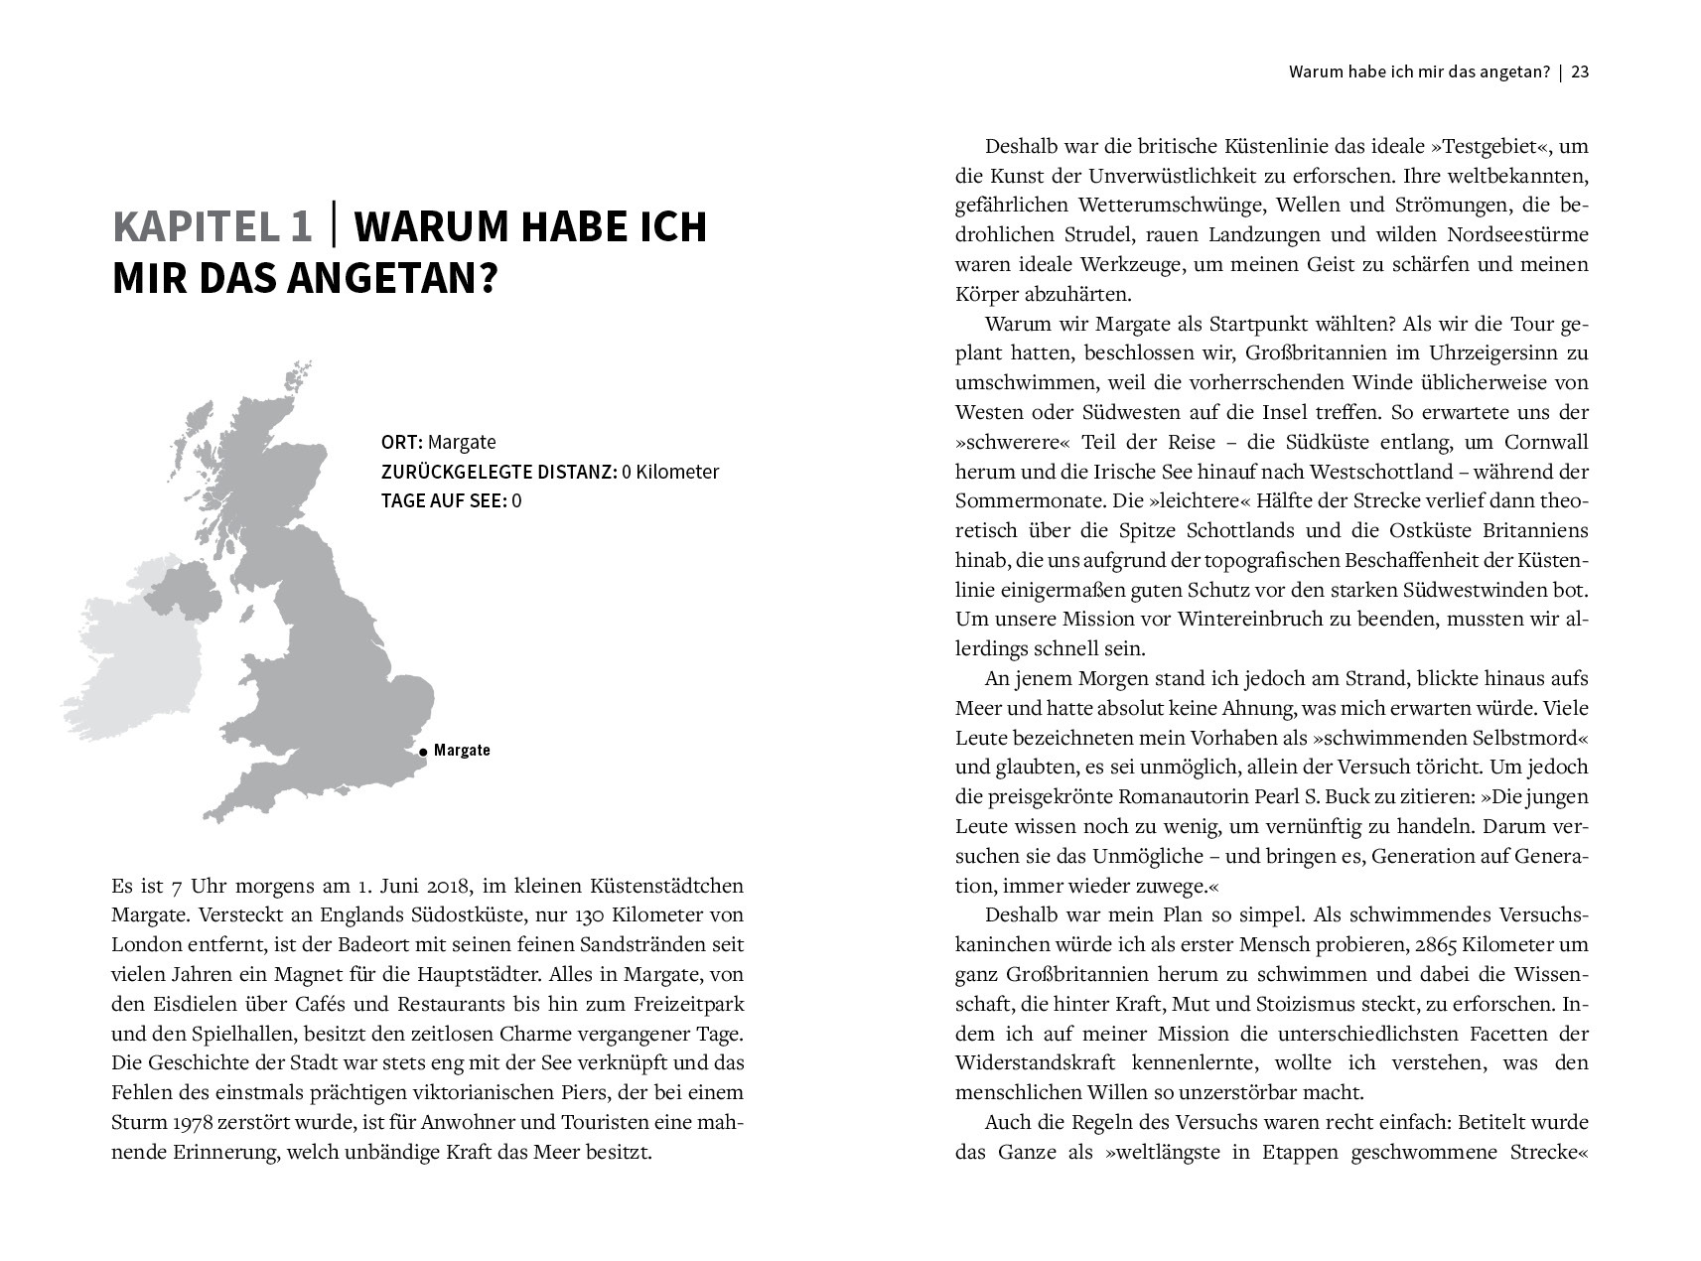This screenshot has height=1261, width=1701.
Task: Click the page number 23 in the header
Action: pos(1581,72)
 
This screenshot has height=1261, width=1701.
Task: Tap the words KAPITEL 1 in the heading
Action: pos(212,227)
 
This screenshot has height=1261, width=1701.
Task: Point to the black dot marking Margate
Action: pos(423,752)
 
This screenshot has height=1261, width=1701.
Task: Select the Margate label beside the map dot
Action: pos(462,750)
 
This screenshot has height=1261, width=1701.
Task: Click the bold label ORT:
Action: pos(402,442)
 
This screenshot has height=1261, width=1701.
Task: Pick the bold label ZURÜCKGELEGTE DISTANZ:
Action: pos(498,472)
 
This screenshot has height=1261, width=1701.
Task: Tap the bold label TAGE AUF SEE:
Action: pos(444,500)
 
